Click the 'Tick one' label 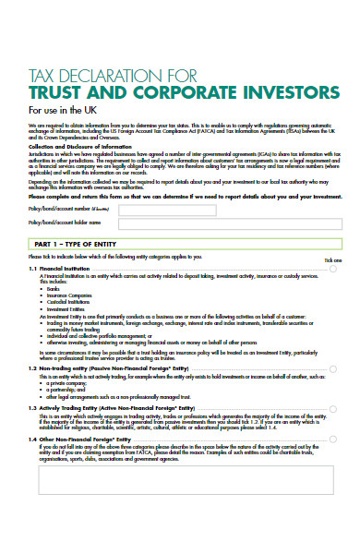pyautogui.click(x=333, y=260)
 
